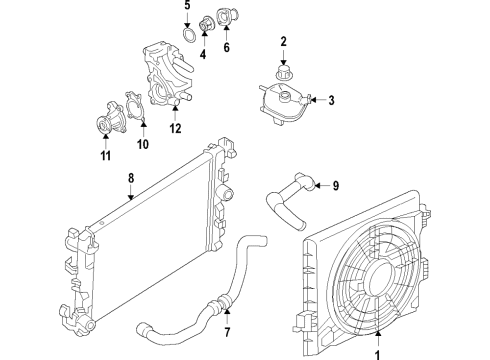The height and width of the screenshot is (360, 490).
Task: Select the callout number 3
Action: click(330, 99)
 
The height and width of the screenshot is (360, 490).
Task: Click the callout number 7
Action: click(227, 331)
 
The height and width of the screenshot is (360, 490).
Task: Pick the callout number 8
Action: click(130, 180)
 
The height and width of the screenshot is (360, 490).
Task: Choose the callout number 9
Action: click(336, 184)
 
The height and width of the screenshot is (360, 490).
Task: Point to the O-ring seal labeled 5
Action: click(187, 39)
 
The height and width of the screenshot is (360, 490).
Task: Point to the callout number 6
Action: click(226, 47)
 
